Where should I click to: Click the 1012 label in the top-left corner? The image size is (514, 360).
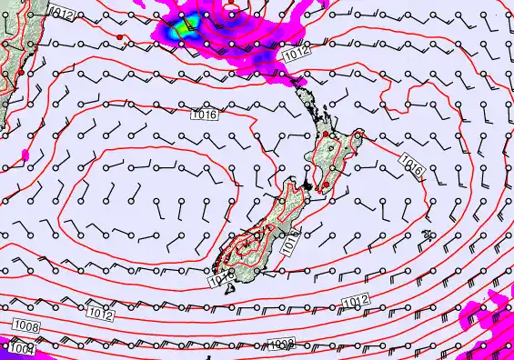pyautogui.click(x=62, y=12)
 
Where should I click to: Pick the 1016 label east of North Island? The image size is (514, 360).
pyautogui.click(x=411, y=166)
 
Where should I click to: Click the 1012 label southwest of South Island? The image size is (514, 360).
pyautogui.click(x=101, y=315)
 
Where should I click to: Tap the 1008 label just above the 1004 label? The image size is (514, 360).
pyautogui.click(x=25, y=325)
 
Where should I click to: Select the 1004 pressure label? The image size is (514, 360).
pyautogui.click(x=22, y=348)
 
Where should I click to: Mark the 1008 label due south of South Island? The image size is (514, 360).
pyautogui.click(x=281, y=344)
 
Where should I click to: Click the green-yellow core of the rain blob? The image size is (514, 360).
pyautogui.click(x=188, y=25)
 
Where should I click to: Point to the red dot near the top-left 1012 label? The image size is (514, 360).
pyautogui.click(x=119, y=37)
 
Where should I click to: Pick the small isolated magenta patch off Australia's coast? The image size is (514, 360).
pyautogui.click(x=25, y=155)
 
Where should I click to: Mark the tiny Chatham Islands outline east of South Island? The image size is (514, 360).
pyautogui.click(x=428, y=235)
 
